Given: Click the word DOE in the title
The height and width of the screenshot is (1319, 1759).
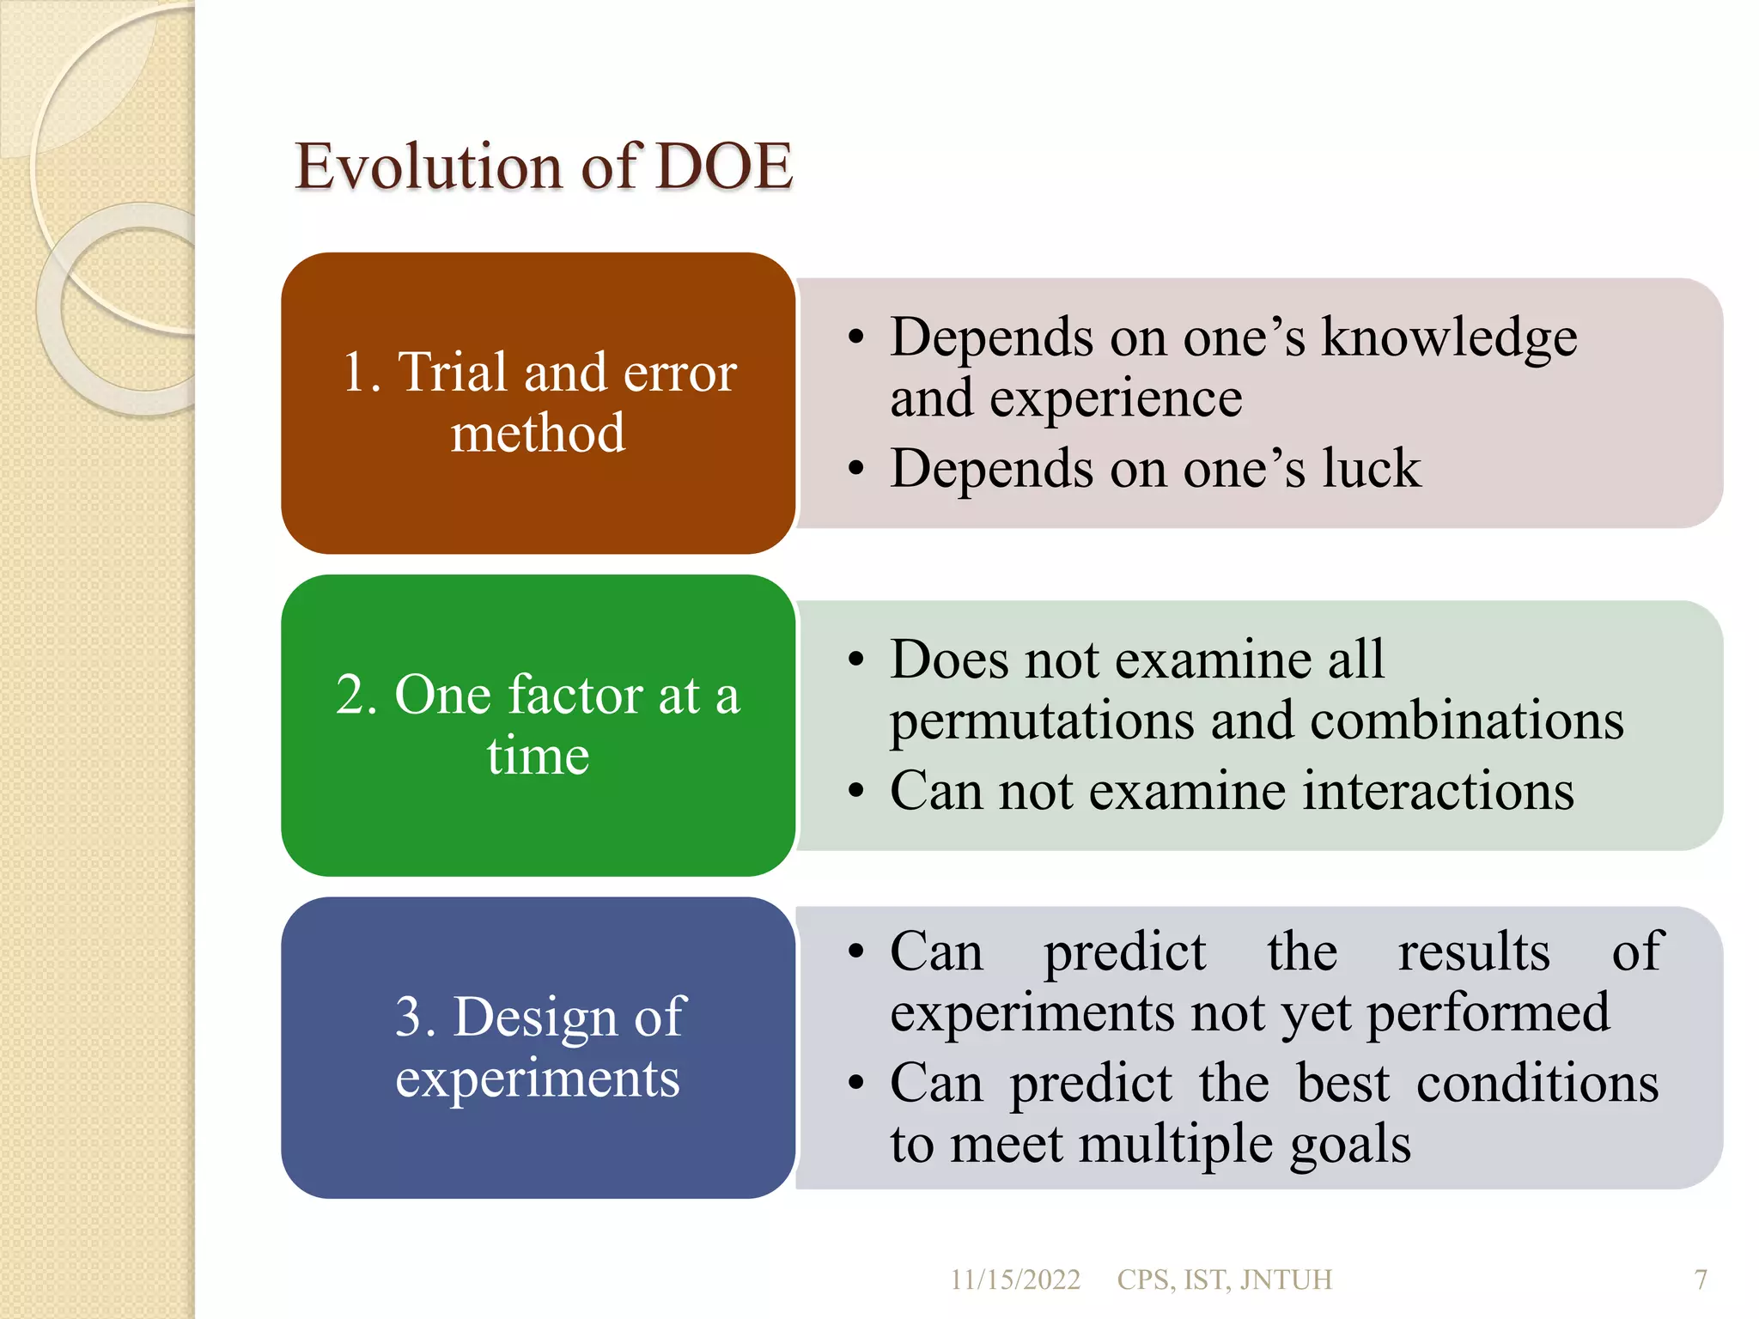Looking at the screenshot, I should point(723,167).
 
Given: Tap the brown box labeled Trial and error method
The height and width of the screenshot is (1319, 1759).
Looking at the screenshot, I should point(539,402).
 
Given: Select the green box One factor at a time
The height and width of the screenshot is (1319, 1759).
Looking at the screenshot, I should point(539,725).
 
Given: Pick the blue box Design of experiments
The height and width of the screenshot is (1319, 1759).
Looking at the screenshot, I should point(539,1047).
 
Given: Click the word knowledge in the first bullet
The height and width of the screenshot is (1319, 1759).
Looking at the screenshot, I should point(1448,337).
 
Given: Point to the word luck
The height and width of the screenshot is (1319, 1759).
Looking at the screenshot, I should point(1371,469).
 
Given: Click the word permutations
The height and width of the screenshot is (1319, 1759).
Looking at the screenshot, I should point(1041,721).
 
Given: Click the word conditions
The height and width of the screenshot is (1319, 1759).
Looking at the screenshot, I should point(1537,1084).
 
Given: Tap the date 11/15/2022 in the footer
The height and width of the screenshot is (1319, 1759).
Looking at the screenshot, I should point(1014,1279).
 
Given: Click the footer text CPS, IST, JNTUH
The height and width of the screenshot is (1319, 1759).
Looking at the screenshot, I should point(1224,1279).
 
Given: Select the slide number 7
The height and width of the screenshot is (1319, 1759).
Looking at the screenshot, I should point(1700,1279).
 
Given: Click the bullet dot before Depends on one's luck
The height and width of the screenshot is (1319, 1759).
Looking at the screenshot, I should point(855,470).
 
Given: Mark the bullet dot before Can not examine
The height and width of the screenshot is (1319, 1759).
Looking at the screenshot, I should point(855,792).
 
